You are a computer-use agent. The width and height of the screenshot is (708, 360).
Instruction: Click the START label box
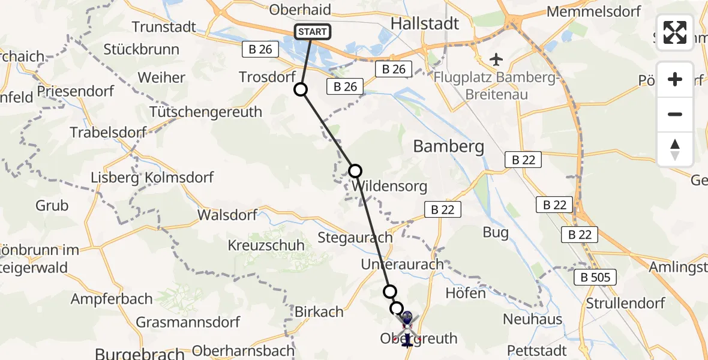(312, 32)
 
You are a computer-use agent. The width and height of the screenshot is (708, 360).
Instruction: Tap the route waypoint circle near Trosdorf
(301, 89)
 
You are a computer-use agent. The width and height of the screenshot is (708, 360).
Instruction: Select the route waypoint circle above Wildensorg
(355, 171)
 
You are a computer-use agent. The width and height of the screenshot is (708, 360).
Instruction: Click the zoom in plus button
(675, 80)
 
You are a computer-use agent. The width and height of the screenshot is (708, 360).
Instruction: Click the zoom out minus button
(675, 114)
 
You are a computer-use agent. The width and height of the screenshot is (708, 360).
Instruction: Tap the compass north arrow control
(675, 149)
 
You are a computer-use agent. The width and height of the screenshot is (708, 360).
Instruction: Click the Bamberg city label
(449, 146)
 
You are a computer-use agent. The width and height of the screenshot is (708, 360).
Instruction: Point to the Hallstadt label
(425, 24)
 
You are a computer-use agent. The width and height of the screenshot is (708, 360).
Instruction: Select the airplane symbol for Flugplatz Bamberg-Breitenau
(496, 59)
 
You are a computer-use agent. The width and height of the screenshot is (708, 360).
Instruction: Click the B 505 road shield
(595, 277)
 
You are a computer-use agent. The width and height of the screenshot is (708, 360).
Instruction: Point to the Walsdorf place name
(227, 215)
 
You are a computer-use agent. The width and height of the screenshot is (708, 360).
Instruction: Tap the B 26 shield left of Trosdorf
(261, 50)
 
